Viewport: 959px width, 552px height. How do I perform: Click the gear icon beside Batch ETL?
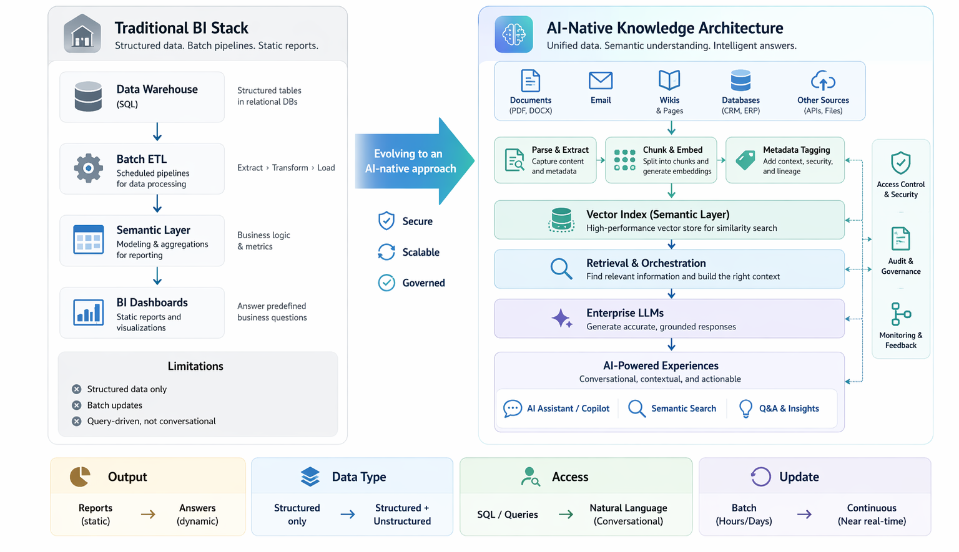click(89, 168)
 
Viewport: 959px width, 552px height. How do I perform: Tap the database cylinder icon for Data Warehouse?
click(88, 97)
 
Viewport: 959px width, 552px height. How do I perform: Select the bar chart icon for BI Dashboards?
click(88, 312)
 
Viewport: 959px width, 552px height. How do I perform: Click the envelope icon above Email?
click(601, 80)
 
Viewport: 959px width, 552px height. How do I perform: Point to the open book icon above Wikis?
click(669, 80)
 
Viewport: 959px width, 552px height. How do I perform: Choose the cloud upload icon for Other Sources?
click(823, 81)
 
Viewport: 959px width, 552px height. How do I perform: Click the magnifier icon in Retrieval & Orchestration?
click(561, 269)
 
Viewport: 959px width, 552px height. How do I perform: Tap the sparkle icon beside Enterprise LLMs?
click(561, 319)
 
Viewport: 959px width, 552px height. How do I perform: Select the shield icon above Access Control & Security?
click(900, 163)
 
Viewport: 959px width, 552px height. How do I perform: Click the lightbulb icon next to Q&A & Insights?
click(745, 409)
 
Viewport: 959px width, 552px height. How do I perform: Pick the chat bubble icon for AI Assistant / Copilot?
click(513, 409)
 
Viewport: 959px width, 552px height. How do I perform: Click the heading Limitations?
click(195, 366)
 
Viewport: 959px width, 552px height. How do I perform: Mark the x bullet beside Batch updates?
click(77, 405)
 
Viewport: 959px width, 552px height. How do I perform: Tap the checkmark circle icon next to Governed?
click(386, 283)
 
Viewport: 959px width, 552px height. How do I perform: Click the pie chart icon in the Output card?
click(80, 477)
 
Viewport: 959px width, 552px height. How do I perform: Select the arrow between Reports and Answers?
click(148, 515)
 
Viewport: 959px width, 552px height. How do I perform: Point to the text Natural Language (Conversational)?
click(628, 515)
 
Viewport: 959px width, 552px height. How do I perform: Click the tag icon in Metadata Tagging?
click(745, 160)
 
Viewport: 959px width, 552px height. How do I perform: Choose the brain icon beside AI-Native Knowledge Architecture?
click(514, 34)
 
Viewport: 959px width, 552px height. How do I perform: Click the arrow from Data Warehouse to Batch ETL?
click(157, 132)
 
